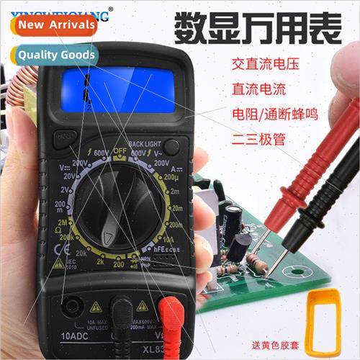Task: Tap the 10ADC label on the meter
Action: (76, 336)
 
